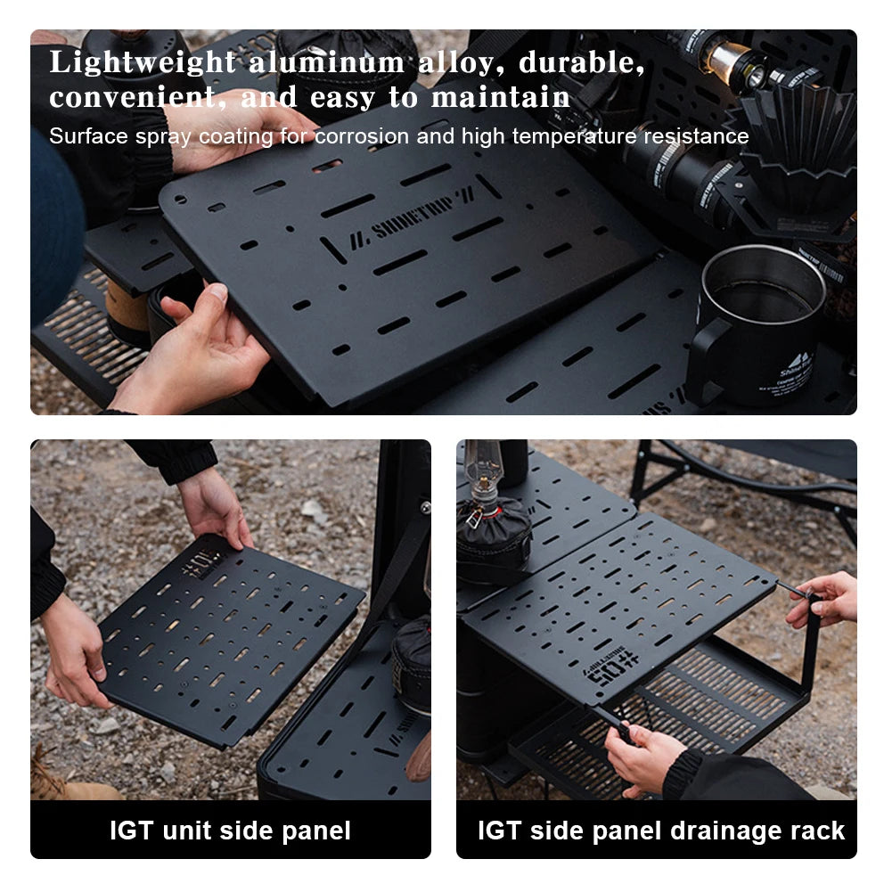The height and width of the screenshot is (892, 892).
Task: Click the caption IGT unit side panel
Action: pyautogui.click(x=230, y=831)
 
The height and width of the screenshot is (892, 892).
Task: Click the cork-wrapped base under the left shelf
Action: pyautogui.click(x=125, y=312)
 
